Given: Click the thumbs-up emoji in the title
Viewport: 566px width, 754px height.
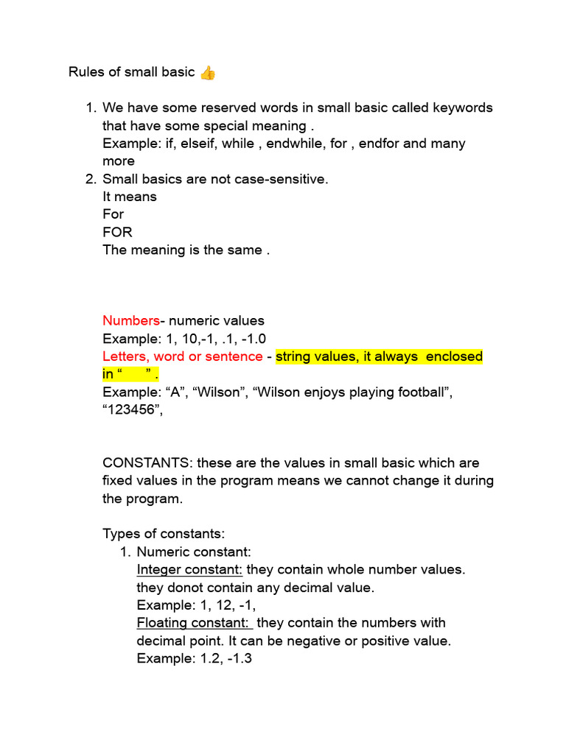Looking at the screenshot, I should (x=208, y=72).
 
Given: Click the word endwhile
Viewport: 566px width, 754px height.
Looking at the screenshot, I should (x=295, y=143).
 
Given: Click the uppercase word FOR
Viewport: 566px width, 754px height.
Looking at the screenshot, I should (x=117, y=232).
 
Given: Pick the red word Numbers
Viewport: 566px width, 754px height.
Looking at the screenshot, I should (x=130, y=320).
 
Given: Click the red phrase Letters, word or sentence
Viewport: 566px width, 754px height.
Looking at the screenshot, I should (x=182, y=356).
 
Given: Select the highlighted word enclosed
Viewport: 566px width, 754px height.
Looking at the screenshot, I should (x=454, y=356).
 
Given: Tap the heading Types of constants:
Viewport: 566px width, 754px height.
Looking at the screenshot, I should (x=164, y=534).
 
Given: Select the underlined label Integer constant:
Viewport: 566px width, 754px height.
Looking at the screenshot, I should (x=189, y=570).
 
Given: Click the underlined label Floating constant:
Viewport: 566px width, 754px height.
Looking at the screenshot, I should (x=193, y=623).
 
